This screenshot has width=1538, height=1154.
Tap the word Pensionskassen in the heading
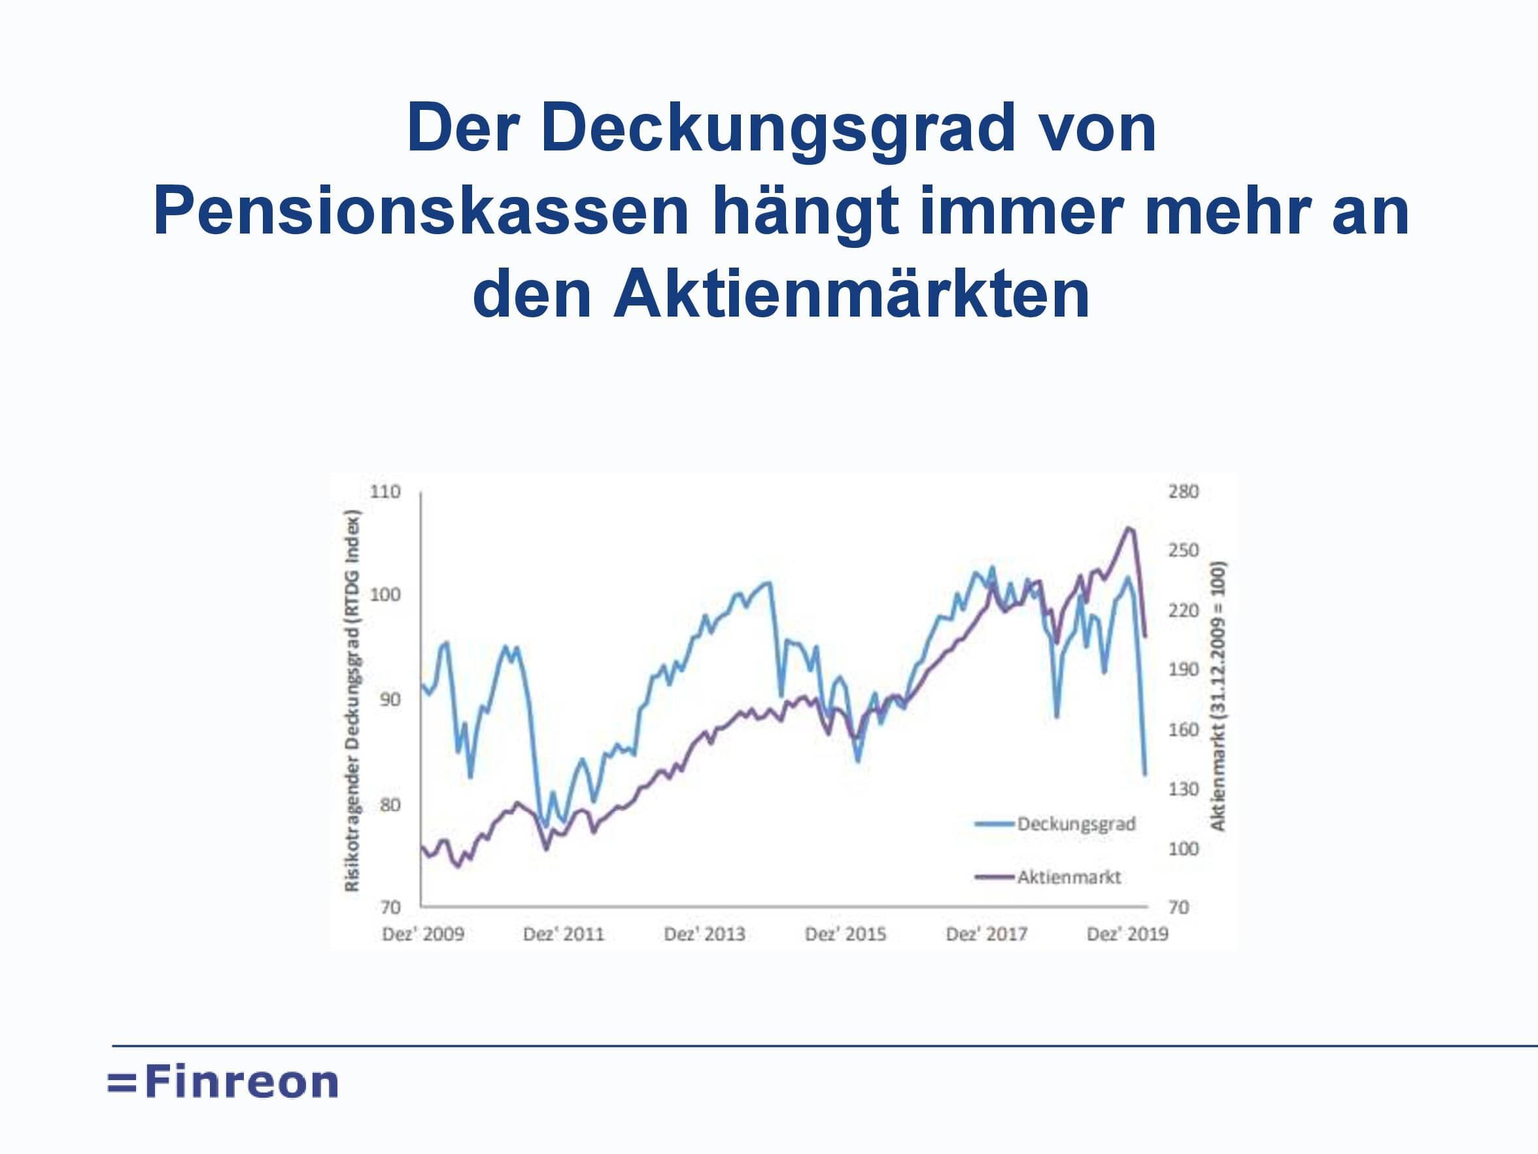420,211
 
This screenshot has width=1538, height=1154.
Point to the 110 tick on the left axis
385,492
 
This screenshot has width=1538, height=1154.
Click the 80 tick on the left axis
390,804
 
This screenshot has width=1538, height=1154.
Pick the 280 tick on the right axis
1184,492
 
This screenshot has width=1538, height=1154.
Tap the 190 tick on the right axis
1184,669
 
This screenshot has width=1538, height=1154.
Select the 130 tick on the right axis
1184,789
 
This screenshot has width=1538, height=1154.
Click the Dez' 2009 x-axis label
422,934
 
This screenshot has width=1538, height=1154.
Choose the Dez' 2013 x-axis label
704,934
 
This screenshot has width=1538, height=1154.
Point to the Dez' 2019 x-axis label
1127,934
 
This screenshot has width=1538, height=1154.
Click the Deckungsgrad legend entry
1055,824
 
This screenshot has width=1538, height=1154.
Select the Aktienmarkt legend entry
1048,877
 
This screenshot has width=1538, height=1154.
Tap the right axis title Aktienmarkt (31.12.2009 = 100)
1218,695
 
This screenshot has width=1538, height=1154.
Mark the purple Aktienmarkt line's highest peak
1128,527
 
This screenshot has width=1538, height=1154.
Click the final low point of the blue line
1144,773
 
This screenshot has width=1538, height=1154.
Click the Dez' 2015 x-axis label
846,934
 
